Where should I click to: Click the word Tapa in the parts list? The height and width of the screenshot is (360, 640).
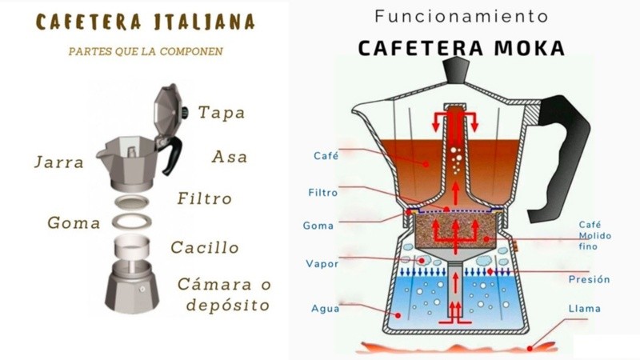222,113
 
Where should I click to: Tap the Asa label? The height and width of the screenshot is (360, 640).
229,156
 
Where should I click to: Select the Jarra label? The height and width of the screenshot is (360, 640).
58,162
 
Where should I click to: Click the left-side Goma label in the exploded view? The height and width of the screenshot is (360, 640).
74,222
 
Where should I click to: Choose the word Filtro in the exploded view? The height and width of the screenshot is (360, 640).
204,198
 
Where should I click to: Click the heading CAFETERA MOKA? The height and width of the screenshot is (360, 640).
460,47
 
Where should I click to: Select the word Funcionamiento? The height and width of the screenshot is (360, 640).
462,16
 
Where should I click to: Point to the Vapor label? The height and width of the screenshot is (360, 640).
322,263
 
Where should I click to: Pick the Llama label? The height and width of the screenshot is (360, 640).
584,308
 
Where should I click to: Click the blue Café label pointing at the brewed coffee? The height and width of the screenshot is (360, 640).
326,156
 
